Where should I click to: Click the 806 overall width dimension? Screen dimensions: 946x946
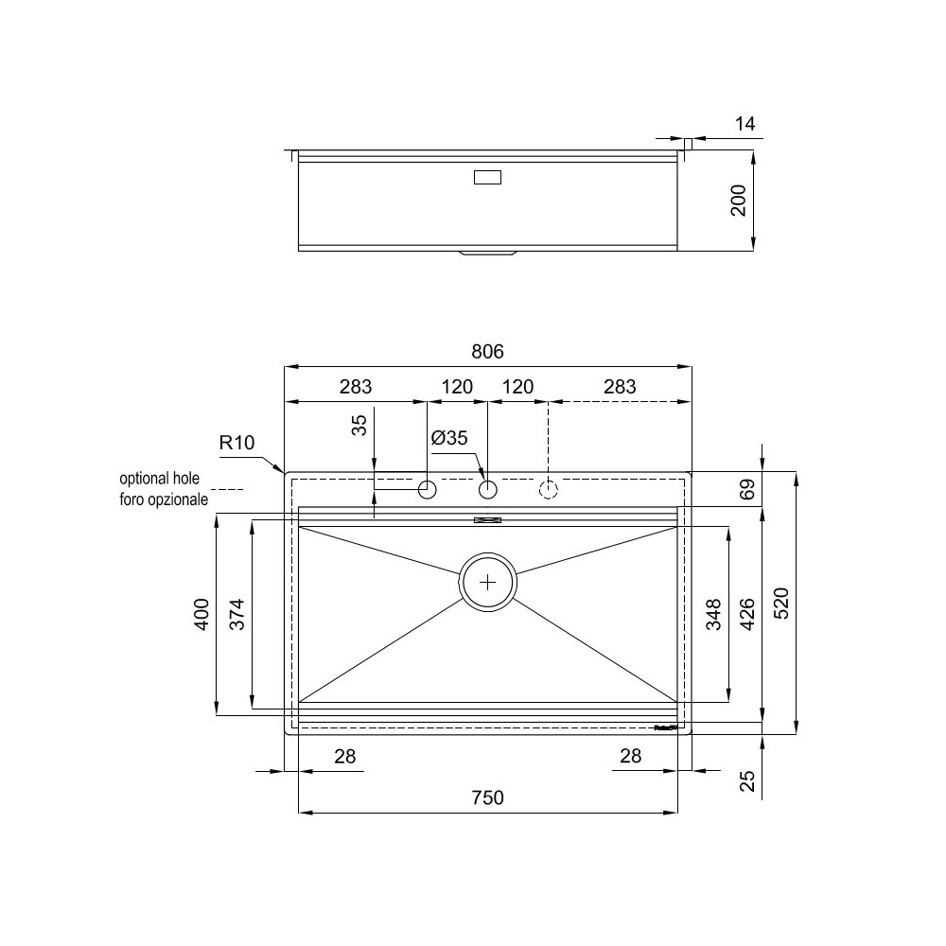pyautogui.click(x=487, y=352)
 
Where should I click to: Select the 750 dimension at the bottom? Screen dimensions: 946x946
pyautogui.click(x=488, y=797)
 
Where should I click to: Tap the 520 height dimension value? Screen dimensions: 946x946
pyautogui.click(x=781, y=602)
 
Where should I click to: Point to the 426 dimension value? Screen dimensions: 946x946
pyautogui.click(x=746, y=614)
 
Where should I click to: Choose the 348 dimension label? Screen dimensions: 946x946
pyautogui.click(x=714, y=614)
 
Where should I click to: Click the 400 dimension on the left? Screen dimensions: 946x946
pyautogui.click(x=201, y=615)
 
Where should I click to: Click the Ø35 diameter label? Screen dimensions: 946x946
pyautogui.click(x=449, y=438)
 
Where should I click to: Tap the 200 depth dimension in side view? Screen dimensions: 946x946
pyautogui.click(x=739, y=200)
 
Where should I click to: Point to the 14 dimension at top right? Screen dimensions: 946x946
pyautogui.click(x=745, y=123)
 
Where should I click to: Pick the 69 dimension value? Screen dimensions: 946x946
pyautogui.click(x=746, y=490)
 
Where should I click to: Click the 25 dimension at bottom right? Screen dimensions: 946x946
pyautogui.click(x=746, y=780)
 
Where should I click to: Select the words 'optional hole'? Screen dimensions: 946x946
pyautogui.click(x=159, y=480)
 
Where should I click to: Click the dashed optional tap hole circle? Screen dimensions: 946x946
pyautogui.click(x=549, y=489)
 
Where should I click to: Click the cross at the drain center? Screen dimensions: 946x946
pyautogui.click(x=488, y=582)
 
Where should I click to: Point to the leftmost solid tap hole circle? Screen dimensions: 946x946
pyautogui.click(x=428, y=489)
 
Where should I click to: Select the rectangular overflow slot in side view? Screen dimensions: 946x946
pyautogui.click(x=487, y=177)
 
